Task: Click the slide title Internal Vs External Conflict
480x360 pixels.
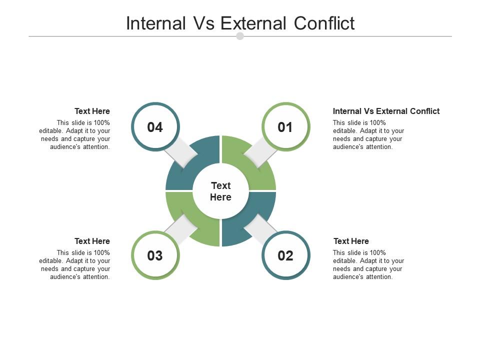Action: click(240, 23)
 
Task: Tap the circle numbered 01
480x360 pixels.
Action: click(285, 127)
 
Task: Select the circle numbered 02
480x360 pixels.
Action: click(285, 255)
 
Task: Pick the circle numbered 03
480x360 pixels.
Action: click(155, 255)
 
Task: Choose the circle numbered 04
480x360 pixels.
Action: click(155, 127)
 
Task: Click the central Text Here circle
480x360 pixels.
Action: click(220, 191)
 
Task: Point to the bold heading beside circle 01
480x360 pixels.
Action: click(386, 111)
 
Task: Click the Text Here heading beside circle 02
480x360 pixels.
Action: click(351, 241)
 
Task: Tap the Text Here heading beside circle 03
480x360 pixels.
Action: click(92, 241)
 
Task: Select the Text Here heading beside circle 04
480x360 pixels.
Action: click(92, 111)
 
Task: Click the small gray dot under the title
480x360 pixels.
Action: click(240, 36)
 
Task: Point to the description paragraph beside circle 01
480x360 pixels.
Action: click(368, 135)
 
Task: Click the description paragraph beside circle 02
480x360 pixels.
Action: click(368, 265)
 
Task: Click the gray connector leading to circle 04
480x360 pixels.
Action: click(181, 151)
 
